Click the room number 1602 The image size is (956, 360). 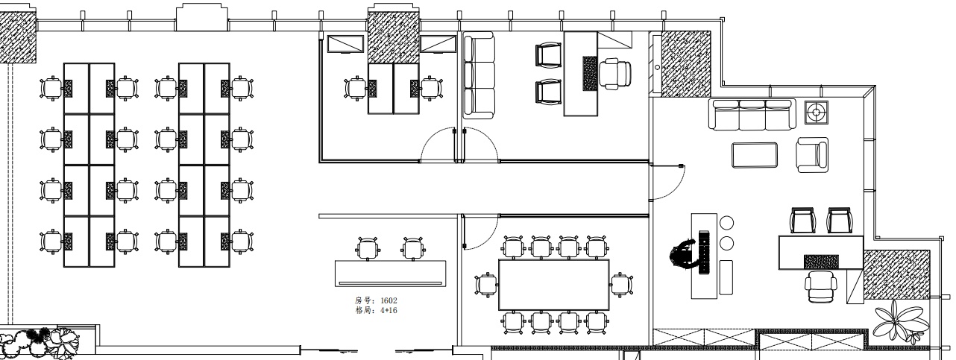(389, 300)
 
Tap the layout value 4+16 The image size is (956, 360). (389, 310)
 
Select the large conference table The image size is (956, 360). (553, 285)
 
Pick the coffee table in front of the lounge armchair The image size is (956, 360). (755, 155)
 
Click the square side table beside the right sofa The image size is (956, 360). (816, 113)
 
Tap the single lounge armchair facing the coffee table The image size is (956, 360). (812, 155)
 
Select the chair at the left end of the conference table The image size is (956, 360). (486, 285)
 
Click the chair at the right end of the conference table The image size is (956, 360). (621, 285)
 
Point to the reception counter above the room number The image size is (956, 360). (390, 274)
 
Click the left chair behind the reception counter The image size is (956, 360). (368, 249)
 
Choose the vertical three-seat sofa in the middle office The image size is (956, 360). (479, 75)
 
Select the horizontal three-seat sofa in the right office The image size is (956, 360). (752, 114)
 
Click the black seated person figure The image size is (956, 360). (683, 255)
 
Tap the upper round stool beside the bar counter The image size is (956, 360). (726, 223)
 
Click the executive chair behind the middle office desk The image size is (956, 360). (615, 74)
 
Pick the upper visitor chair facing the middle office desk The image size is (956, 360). (548, 54)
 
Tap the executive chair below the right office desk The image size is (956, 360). (821, 287)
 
